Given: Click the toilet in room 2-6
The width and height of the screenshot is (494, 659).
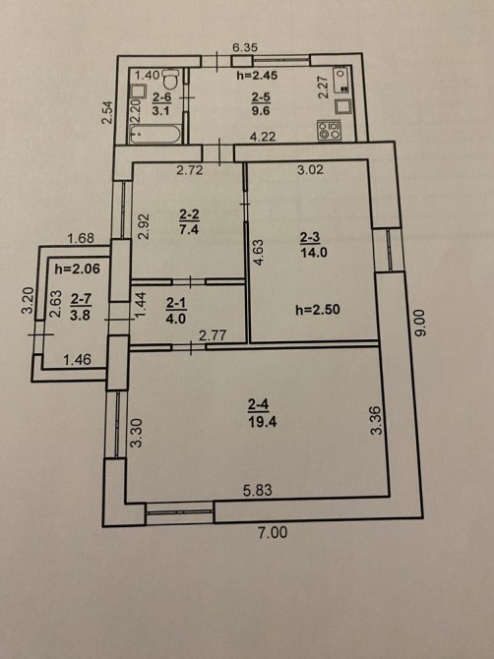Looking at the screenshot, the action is click(170, 78).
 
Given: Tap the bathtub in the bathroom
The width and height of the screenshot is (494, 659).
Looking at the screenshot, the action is click(155, 134).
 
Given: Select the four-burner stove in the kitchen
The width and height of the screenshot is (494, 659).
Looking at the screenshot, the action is click(329, 130).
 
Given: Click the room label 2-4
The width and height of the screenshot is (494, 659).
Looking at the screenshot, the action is click(258, 404).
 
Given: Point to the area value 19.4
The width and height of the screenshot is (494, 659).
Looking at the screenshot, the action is click(262, 422).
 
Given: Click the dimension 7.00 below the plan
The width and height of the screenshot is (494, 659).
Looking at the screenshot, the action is click(273, 532).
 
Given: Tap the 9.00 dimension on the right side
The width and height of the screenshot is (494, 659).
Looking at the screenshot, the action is click(421, 323).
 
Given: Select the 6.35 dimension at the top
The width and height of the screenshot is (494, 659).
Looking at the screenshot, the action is click(245, 47).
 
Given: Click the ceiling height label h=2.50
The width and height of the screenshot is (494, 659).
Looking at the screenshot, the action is click(318, 310).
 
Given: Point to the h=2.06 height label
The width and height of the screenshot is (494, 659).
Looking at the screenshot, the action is click(78, 269).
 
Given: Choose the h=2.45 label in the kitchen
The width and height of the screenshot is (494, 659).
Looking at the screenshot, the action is click(257, 76).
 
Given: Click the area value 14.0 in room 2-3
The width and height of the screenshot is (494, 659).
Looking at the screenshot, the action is click(314, 253).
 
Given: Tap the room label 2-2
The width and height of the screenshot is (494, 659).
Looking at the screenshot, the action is click(189, 214).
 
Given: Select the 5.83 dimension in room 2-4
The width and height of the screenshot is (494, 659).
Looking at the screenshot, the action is click(257, 490).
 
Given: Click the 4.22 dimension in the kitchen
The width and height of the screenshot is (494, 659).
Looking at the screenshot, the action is click(262, 137).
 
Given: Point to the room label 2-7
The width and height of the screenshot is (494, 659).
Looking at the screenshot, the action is click(81, 299).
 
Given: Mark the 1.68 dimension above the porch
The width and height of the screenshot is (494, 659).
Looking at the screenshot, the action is click(81, 238).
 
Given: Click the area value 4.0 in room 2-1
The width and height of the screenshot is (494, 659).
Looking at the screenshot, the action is click(176, 318).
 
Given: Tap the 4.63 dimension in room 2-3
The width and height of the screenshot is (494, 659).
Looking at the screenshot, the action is click(259, 252).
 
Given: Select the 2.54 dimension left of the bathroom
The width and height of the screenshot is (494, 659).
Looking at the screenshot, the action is click(108, 112).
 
